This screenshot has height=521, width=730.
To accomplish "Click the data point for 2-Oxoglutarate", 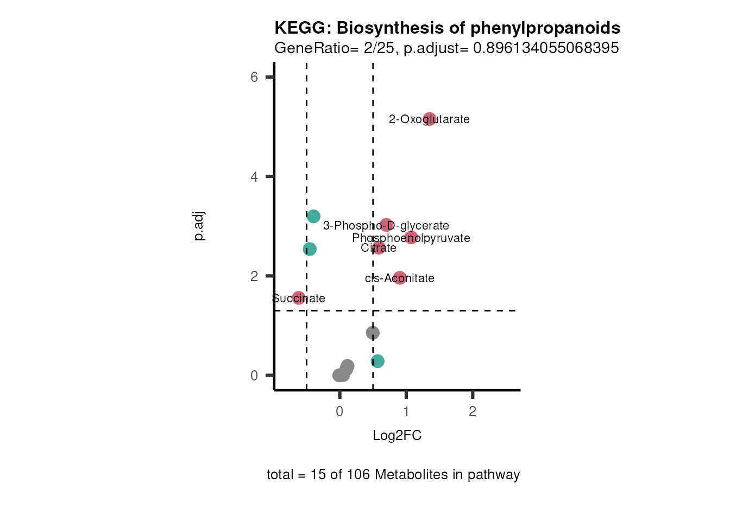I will [x=430, y=119].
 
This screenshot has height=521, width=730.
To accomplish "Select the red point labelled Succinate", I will [x=299, y=298].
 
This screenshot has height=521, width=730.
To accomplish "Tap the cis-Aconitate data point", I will [x=400, y=278].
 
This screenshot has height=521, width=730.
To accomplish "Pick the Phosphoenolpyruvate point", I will [x=411, y=238].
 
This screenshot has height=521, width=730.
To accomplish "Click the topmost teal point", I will [x=313, y=217].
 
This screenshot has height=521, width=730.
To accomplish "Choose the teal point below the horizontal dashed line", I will [x=377, y=361].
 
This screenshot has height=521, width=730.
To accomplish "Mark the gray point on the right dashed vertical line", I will [x=373, y=333].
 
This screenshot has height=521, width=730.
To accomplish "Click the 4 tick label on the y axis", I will [x=254, y=177].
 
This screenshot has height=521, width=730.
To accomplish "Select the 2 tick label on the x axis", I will [x=473, y=412].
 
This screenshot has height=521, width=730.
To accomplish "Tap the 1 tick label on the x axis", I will [x=406, y=412].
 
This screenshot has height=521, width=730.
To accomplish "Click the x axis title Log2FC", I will [x=397, y=436].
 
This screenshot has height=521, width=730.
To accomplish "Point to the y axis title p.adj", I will [x=199, y=226].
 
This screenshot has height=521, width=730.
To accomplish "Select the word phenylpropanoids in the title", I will [x=545, y=28].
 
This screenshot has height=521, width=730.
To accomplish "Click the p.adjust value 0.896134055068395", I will [x=546, y=48].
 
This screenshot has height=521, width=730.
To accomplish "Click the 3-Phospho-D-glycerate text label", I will [x=386, y=226].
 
